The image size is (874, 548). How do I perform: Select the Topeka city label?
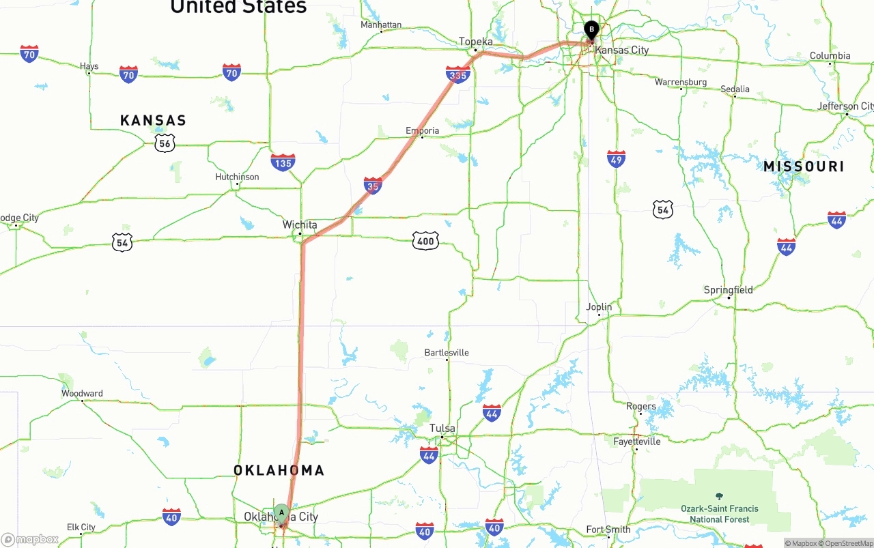tap(476, 42)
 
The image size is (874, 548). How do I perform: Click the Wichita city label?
tap(300, 225)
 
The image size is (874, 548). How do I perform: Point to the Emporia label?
tap(423, 130)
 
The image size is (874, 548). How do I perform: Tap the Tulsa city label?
tap(442, 429)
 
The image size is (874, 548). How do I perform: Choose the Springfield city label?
tap(729, 290)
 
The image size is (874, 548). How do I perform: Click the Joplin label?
tap(600, 307)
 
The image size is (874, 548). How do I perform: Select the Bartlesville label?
tap(447, 353)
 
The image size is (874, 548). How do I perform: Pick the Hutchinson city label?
tap(237, 177)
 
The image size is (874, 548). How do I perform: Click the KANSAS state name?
tap(153, 121)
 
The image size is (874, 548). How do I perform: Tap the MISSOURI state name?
tap(804, 167)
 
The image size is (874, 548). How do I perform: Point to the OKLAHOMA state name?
tap(279, 470)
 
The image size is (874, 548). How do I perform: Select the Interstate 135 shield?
tap(283, 162)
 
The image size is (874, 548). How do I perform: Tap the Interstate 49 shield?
tap(616, 159)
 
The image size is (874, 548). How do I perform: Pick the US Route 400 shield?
tap(425, 240)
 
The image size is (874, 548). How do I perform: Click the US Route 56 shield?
tap(165, 143)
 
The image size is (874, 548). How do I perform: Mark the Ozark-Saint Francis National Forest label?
tap(719, 513)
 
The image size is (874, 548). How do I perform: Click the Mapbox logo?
tap(30, 540)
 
